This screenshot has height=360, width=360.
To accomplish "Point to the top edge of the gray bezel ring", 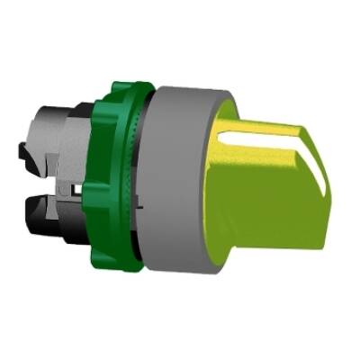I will (180, 87).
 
